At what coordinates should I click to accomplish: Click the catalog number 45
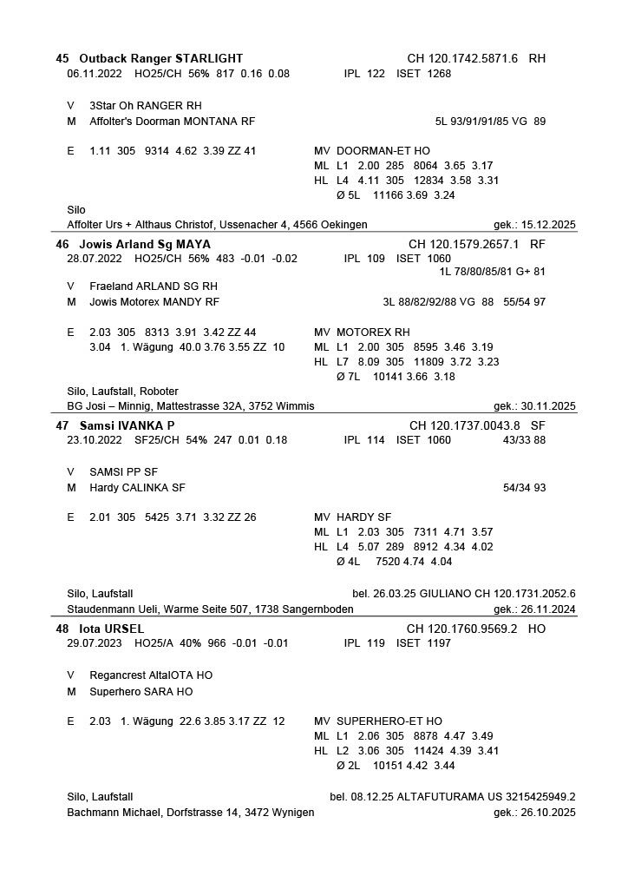[62, 58]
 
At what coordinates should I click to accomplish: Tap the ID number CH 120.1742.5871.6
[462, 58]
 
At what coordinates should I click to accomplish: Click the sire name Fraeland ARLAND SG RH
[154, 286]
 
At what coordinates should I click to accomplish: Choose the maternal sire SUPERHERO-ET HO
[389, 721]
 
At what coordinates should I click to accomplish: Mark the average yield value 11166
[389, 195]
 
